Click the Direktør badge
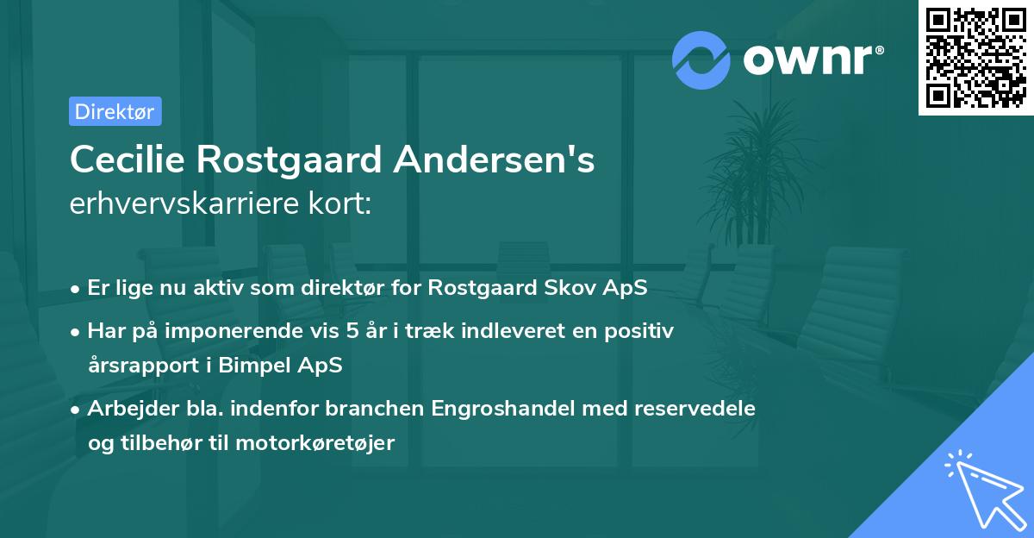[115, 111]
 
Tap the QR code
[975, 57]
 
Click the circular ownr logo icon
[701, 59]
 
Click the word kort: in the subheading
[341, 203]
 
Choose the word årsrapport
[139, 365]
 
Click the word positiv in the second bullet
[642, 330]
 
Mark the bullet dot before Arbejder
[77, 409]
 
